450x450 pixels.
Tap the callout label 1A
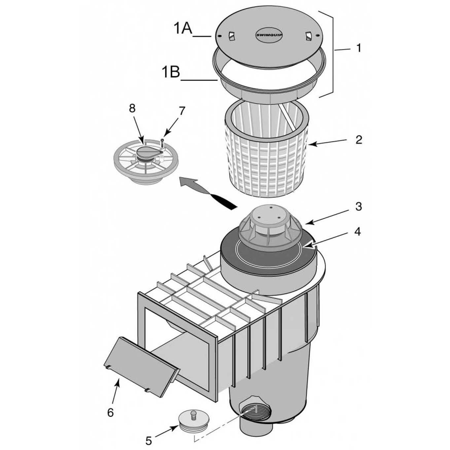(183, 29)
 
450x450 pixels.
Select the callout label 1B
(171, 72)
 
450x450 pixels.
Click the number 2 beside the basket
(358, 140)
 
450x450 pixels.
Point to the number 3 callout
(358, 207)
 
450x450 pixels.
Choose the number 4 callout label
(358, 231)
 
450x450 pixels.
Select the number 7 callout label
(182, 111)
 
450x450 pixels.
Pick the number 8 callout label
(132, 108)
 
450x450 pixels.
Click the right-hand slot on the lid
(308, 36)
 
